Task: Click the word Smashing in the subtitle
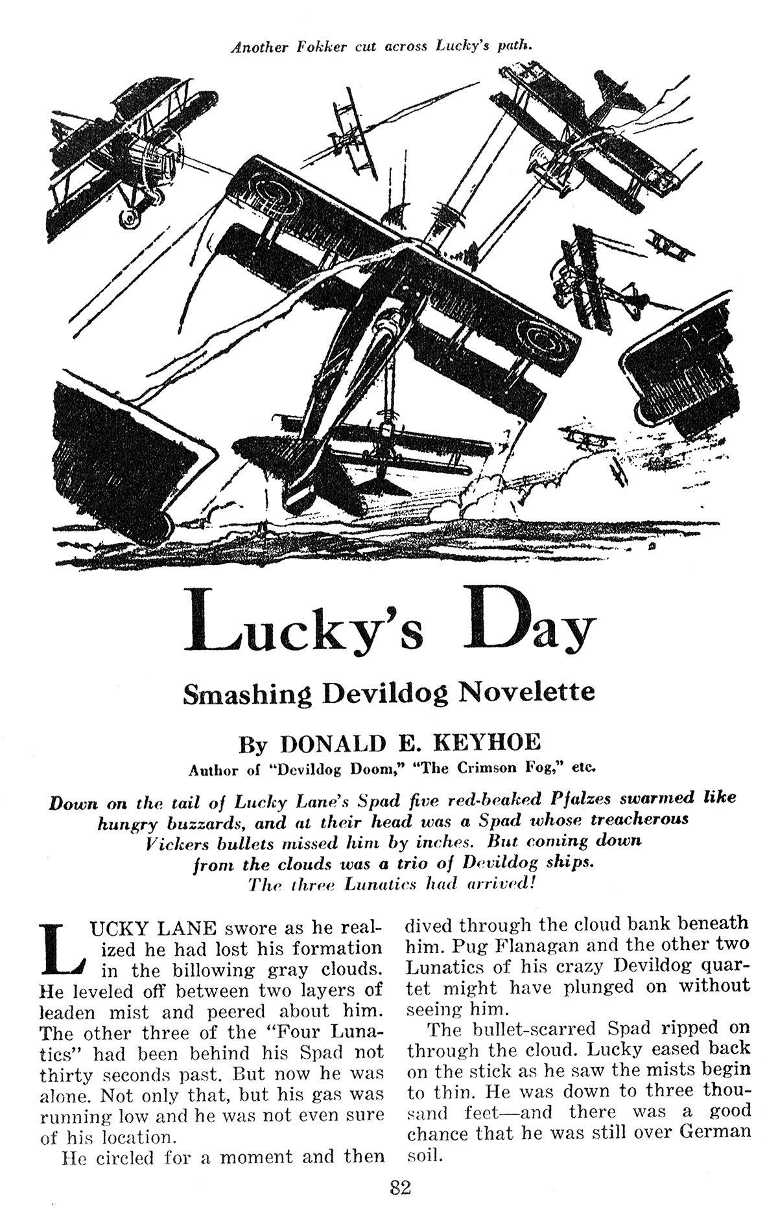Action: tap(248, 693)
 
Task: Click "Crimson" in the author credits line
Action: tap(464, 769)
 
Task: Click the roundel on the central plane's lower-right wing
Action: tap(536, 337)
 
